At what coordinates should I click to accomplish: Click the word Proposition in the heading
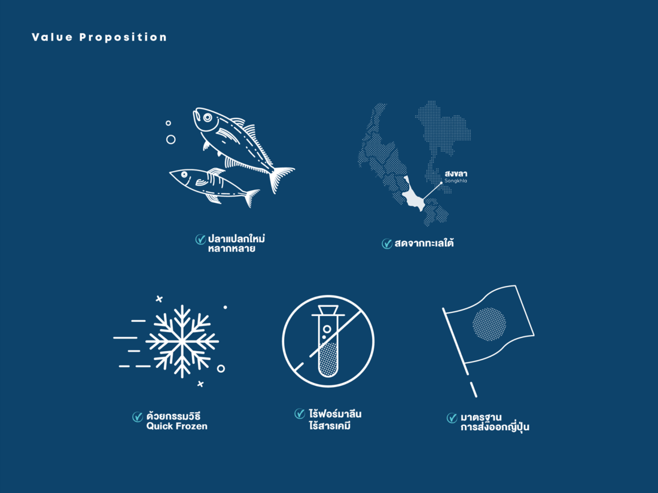[x=123, y=38]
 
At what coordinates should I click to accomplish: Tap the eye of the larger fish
[x=208, y=117]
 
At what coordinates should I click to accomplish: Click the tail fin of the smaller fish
[x=252, y=197]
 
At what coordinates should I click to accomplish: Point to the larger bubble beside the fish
[x=171, y=139]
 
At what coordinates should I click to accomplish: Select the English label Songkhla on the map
[x=456, y=181]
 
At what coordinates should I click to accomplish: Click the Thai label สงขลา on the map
[x=456, y=174]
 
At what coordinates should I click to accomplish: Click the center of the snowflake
[x=182, y=341]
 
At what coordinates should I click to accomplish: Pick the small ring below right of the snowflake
[x=221, y=369]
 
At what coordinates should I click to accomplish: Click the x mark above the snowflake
[x=159, y=299]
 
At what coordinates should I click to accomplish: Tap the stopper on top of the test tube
[x=328, y=310]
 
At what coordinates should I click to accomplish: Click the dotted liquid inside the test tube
[x=328, y=359]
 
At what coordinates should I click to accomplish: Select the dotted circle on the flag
[x=489, y=324]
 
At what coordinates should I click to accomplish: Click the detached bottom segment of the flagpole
[x=473, y=389]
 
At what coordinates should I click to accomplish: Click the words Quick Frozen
[x=176, y=426]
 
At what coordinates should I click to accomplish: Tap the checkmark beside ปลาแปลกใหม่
[x=200, y=239]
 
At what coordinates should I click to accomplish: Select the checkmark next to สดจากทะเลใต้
[x=387, y=244]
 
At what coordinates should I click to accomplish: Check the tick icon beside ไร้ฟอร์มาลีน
[x=300, y=413]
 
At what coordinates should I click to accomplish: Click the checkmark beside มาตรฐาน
[x=452, y=418]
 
